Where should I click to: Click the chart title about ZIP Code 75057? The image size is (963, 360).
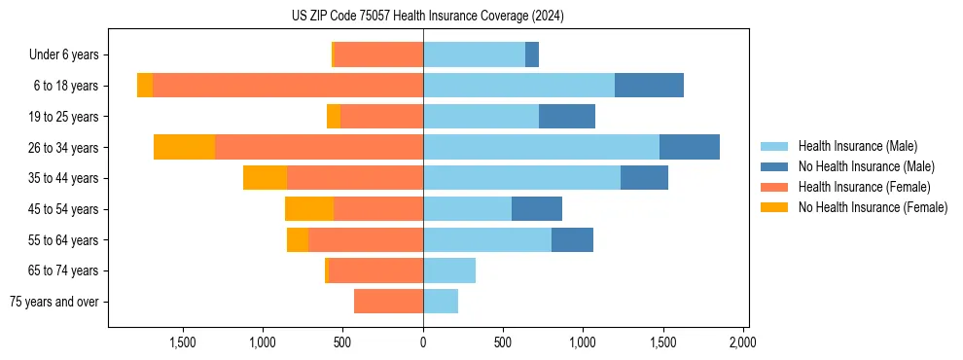tap(427, 16)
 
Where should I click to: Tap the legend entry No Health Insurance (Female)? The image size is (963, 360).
tap(873, 207)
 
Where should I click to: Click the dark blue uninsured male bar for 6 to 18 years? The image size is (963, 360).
tap(649, 86)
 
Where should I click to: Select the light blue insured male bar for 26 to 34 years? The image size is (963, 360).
tap(541, 147)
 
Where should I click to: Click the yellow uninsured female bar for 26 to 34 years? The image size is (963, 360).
tap(184, 147)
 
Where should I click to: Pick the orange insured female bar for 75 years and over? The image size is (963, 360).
tap(388, 302)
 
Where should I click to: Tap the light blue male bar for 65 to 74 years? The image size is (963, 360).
tap(449, 270)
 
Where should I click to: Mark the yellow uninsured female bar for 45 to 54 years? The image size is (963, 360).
tap(309, 209)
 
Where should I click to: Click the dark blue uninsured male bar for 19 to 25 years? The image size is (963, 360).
tap(567, 117)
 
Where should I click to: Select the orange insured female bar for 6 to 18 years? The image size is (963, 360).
tap(288, 86)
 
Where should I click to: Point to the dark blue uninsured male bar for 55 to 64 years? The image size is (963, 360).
tap(572, 239)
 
